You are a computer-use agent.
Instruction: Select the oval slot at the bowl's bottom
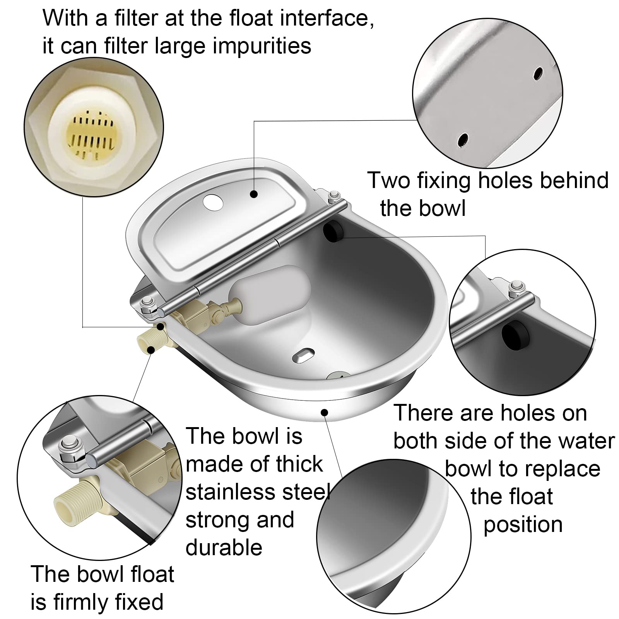click(303, 354)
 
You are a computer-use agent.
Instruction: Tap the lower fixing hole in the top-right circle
click(463, 140)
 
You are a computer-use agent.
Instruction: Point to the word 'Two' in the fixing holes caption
click(388, 180)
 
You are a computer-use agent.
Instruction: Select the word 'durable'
click(224, 547)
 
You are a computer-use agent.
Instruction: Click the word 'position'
click(523, 524)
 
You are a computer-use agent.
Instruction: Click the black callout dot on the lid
click(254, 193)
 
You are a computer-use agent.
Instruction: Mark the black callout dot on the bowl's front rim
click(325, 413)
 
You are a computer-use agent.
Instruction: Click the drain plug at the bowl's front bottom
click(338, 376)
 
